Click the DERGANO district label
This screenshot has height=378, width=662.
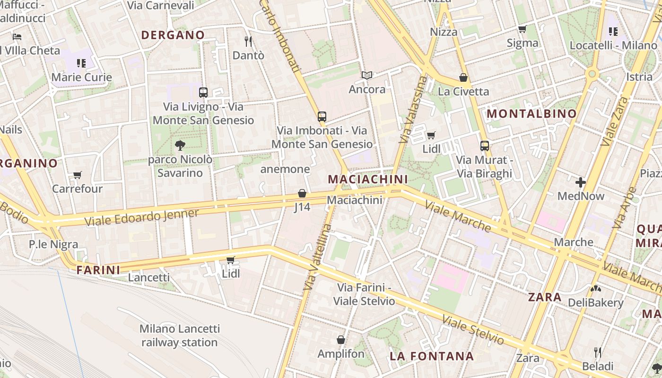(173, 35)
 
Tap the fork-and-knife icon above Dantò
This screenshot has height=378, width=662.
(248, 42)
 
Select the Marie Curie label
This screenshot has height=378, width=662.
(81, 77)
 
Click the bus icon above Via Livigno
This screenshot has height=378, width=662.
(203, 93)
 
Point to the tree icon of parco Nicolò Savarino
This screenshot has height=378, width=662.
(180, 146)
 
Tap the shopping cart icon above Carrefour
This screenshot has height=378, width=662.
(78, 175)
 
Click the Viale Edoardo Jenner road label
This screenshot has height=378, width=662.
(141, 217)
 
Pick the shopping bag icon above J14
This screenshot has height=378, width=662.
(302, 193)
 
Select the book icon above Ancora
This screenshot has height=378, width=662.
(367, 75)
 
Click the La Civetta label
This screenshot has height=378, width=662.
(463, 91)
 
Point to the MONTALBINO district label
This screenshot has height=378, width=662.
(532, 113)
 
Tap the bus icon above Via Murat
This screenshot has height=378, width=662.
(484, 146)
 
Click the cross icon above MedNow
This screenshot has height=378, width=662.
(581, 182)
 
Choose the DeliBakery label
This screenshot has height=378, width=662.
(595, 302)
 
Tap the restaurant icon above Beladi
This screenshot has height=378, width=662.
(598, 352)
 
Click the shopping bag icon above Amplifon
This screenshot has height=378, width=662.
(341, 340)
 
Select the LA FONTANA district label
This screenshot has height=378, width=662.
(432, 356)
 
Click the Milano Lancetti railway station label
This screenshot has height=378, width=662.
(180, 335)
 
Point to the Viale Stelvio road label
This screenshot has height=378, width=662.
(473, 329)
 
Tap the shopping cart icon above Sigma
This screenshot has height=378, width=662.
(523, 29)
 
